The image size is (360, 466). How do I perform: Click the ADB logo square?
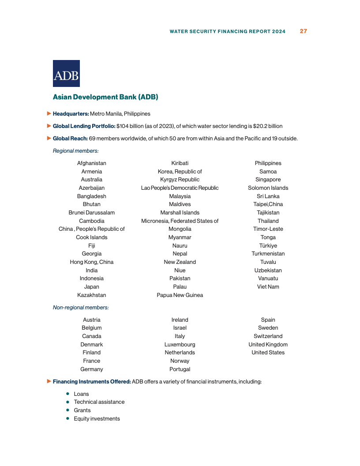point(66,73)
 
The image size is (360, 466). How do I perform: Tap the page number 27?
point(303,31)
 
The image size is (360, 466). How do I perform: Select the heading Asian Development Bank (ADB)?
point(105,97)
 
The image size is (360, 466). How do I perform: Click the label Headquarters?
point(71,114)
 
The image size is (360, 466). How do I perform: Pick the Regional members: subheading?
point(76,151)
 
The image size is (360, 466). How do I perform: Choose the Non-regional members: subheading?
point(81,308)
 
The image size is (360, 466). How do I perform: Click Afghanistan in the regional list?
point(92,163)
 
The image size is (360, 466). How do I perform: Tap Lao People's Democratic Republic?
point(180,188)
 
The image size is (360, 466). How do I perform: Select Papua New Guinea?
point(180,295)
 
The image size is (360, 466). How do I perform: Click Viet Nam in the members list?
point(268,287)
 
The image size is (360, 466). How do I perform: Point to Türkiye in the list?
point(268,246)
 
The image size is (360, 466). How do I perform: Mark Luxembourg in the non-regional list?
point(180,345)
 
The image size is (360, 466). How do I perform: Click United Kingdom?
point(268,345)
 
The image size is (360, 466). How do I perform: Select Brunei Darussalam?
point(92,213)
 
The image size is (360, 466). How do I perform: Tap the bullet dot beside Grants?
point(68,410)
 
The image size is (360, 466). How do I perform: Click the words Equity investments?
point(97,419)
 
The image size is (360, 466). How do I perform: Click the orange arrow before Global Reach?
point(49,138)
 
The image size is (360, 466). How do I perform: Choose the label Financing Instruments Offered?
point(92,382)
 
